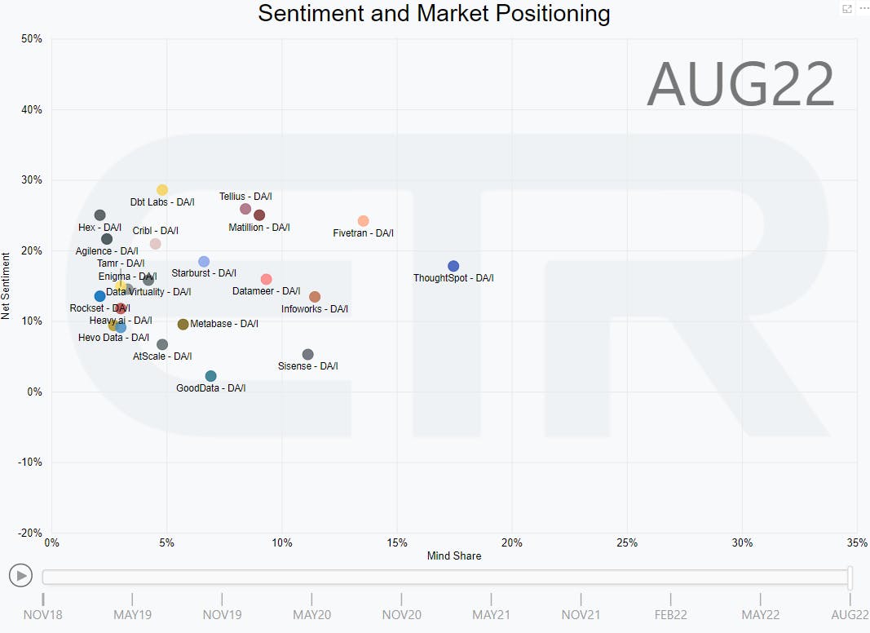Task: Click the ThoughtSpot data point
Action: coord(453,266)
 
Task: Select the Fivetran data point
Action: coord(364,221)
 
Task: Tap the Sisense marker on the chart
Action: coord(307,354)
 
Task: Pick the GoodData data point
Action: coord(211,376)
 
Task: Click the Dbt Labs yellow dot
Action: coord(162,190)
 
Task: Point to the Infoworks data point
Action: coord(315,297)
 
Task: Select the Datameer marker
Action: coord(266,279)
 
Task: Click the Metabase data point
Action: coord(183,324)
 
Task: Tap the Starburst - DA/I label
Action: coord(204,273)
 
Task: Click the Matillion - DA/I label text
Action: coord(259,228)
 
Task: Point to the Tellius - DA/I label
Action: coord(245,197)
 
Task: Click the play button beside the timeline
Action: coord(21,576)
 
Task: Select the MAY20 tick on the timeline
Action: coord(311,614)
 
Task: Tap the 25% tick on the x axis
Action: coord(627,543)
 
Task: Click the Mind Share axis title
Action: coord(454,556)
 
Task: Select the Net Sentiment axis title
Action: coord(7,286)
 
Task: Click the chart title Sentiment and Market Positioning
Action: coord(434,13)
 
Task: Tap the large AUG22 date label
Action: coord(740,84)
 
